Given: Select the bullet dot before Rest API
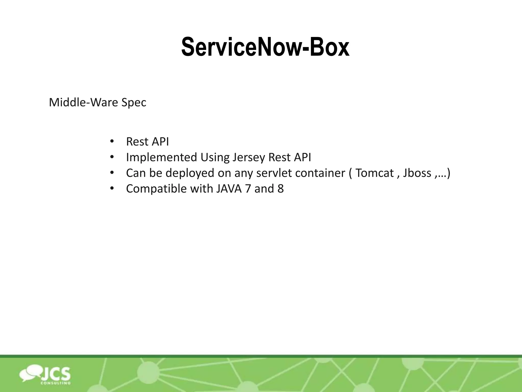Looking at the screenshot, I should (112, 141).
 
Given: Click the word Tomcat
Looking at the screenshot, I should (374, 173).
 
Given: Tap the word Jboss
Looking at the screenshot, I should (417, 173).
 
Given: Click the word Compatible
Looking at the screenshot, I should (156, 189).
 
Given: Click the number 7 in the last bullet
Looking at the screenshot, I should (248, 189).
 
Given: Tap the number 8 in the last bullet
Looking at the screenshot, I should (280, 189).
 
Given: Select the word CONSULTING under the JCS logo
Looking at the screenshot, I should (56, 383).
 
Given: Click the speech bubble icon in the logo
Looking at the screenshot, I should (29, 373).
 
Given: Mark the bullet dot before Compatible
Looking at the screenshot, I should (112, 189).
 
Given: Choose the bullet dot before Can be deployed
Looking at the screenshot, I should (112, 173).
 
